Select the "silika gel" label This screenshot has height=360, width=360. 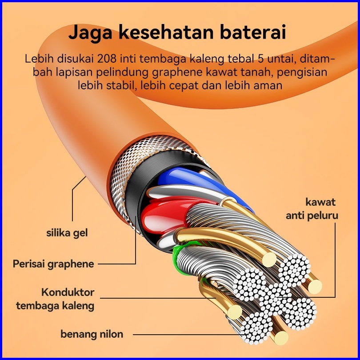click(x=67, y=232)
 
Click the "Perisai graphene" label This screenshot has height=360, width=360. click(x=53, y=264)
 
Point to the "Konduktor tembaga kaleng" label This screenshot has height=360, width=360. click(x=55, y=299)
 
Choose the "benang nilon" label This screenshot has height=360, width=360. click(x=92, y=334)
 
